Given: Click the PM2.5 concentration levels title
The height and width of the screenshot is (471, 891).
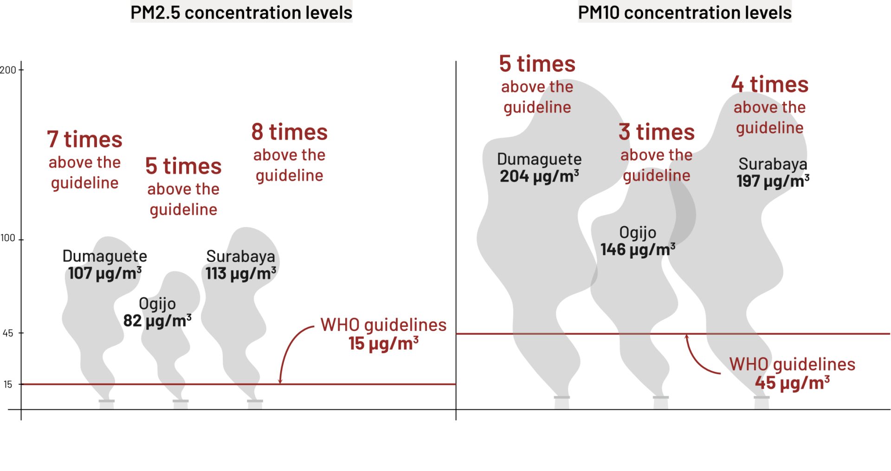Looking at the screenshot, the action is (241, 13).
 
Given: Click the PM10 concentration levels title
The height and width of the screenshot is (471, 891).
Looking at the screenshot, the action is (684, 13).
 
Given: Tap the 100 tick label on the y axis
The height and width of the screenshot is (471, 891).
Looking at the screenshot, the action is (8, 238).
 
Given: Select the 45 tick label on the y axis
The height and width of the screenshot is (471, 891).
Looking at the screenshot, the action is (8, 333).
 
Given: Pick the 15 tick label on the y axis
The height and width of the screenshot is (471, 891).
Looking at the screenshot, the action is (8, 384).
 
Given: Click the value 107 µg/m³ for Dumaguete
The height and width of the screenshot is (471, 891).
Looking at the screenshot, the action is (105, 274).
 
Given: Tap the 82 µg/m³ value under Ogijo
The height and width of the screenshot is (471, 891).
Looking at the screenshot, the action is (157, 321).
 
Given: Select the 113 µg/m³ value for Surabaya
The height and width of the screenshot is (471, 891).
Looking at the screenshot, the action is (241, 274).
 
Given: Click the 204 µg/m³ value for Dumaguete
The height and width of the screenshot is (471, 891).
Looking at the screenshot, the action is (539, 176).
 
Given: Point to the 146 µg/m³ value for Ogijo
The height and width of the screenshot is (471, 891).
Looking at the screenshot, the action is (638, 249).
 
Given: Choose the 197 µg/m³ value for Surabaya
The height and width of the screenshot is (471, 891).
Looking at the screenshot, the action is (773, 181).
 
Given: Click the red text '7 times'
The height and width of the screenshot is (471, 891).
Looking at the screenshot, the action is (84, 140).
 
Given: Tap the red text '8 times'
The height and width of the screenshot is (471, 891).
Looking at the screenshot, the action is (290, 132).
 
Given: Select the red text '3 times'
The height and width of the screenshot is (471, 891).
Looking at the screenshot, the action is (657, 132).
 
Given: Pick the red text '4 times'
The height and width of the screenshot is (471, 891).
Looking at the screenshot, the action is (770, 84).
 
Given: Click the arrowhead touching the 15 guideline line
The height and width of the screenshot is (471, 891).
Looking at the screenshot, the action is (280, 381).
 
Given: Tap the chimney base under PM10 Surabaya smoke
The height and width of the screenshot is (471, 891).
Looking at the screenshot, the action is (762, 402).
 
